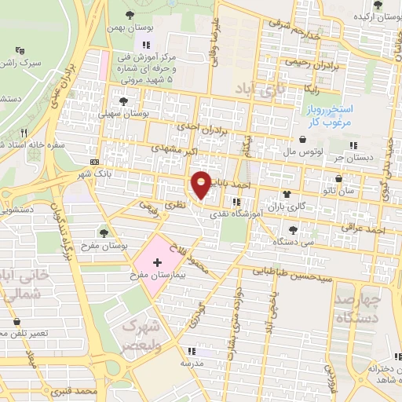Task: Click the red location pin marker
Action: tap(202, 185)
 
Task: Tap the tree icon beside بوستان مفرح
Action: tap(104, 232)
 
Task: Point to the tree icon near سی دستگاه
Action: tap(293, 230)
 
